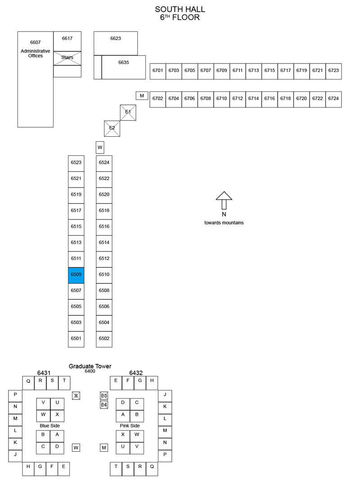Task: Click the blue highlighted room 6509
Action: coord(76,275)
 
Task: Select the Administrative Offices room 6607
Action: coord(35,79)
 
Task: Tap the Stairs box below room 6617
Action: coord(67,58)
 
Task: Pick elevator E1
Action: coord(128,112)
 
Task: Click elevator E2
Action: coord(112,129)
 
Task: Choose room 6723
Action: coord(333,72)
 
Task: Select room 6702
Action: coord(157,99)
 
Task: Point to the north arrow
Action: coord(224,200)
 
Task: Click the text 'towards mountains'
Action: coord(224,223)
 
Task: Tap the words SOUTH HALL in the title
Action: coord(180,9)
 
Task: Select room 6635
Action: coord(124,67)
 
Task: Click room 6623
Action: coord(116,43)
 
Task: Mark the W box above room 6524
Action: coord(100,147)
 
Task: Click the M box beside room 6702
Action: coord(142,95)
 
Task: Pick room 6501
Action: coord(76,339)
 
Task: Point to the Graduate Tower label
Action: coord(90,366)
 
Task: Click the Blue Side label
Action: coord(50,426)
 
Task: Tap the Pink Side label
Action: coord(130,426)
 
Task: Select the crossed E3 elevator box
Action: coord(104,395)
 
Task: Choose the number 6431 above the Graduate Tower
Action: coord(44,372)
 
